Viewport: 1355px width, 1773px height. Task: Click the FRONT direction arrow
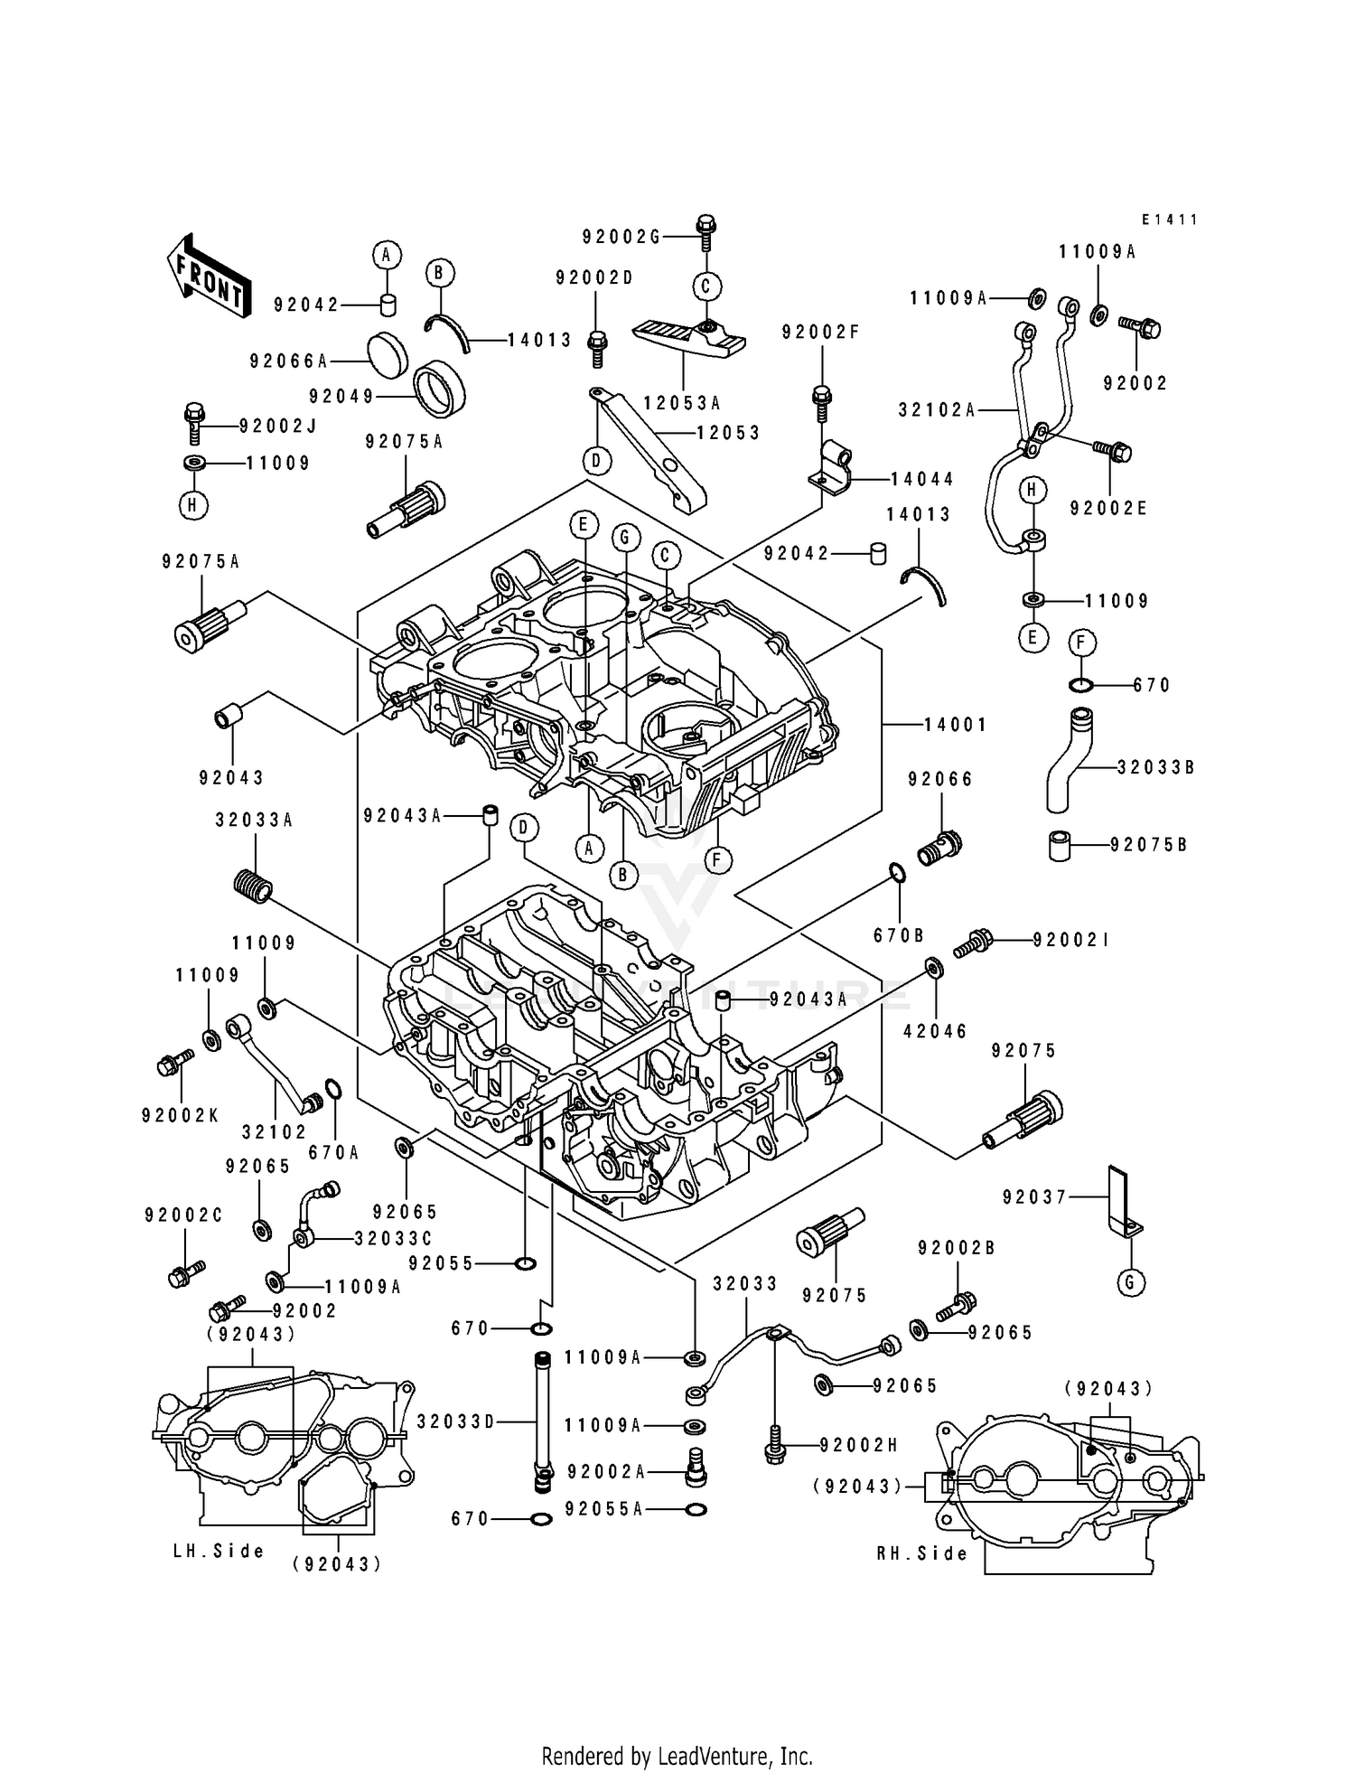pos(206,275)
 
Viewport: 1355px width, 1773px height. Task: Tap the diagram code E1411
pos(1169,220)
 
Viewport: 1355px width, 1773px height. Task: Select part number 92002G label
pos(621,237)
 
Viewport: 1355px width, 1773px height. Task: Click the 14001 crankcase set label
pos(956,724)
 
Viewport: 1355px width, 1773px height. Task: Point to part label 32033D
pos(456,1421)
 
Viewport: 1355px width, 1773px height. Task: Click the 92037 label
pos(1034,1197)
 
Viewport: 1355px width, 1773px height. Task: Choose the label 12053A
pos(682,403)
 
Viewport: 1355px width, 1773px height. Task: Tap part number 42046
pos(936,1031)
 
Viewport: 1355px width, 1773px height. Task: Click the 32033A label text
pos(254,821)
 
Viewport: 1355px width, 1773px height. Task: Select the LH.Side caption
pos(220,1551)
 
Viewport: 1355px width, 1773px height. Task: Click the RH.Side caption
pos(921,1553)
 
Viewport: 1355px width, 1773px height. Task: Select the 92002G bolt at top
pos(706,231)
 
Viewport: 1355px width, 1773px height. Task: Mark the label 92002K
pos(180,1116)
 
